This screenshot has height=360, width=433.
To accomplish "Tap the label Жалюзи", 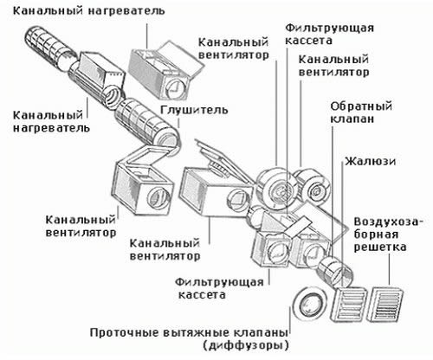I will click(x=371, y=162).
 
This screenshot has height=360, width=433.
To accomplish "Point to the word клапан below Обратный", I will click(x=350, y=119).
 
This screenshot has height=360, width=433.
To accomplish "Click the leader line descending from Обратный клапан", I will click(x=331, y=182).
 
